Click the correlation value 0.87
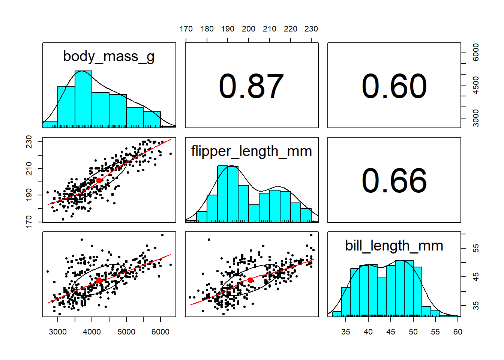click(251, 86)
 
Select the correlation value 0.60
click(394, 86)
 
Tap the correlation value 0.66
click(394, 181)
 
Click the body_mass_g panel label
click(109, 57)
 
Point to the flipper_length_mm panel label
click(252, 151)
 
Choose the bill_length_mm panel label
click(394, 246)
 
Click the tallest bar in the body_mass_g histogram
click(83, 99)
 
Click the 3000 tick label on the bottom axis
click(58, 332)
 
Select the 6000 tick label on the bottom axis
click(160, 332)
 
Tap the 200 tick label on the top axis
click(249, 29)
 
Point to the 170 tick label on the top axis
click(186, 29)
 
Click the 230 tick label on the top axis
click(311, 29)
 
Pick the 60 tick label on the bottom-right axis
click(458, 332)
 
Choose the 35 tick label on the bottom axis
click(346, 332)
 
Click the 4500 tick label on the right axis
click(476, 85)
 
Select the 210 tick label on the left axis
click(29, 168)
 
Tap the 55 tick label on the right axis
click(476, 248)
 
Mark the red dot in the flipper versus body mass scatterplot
click(99, 181)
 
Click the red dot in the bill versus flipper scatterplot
click(250, 280)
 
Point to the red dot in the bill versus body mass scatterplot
click(99, 280)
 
